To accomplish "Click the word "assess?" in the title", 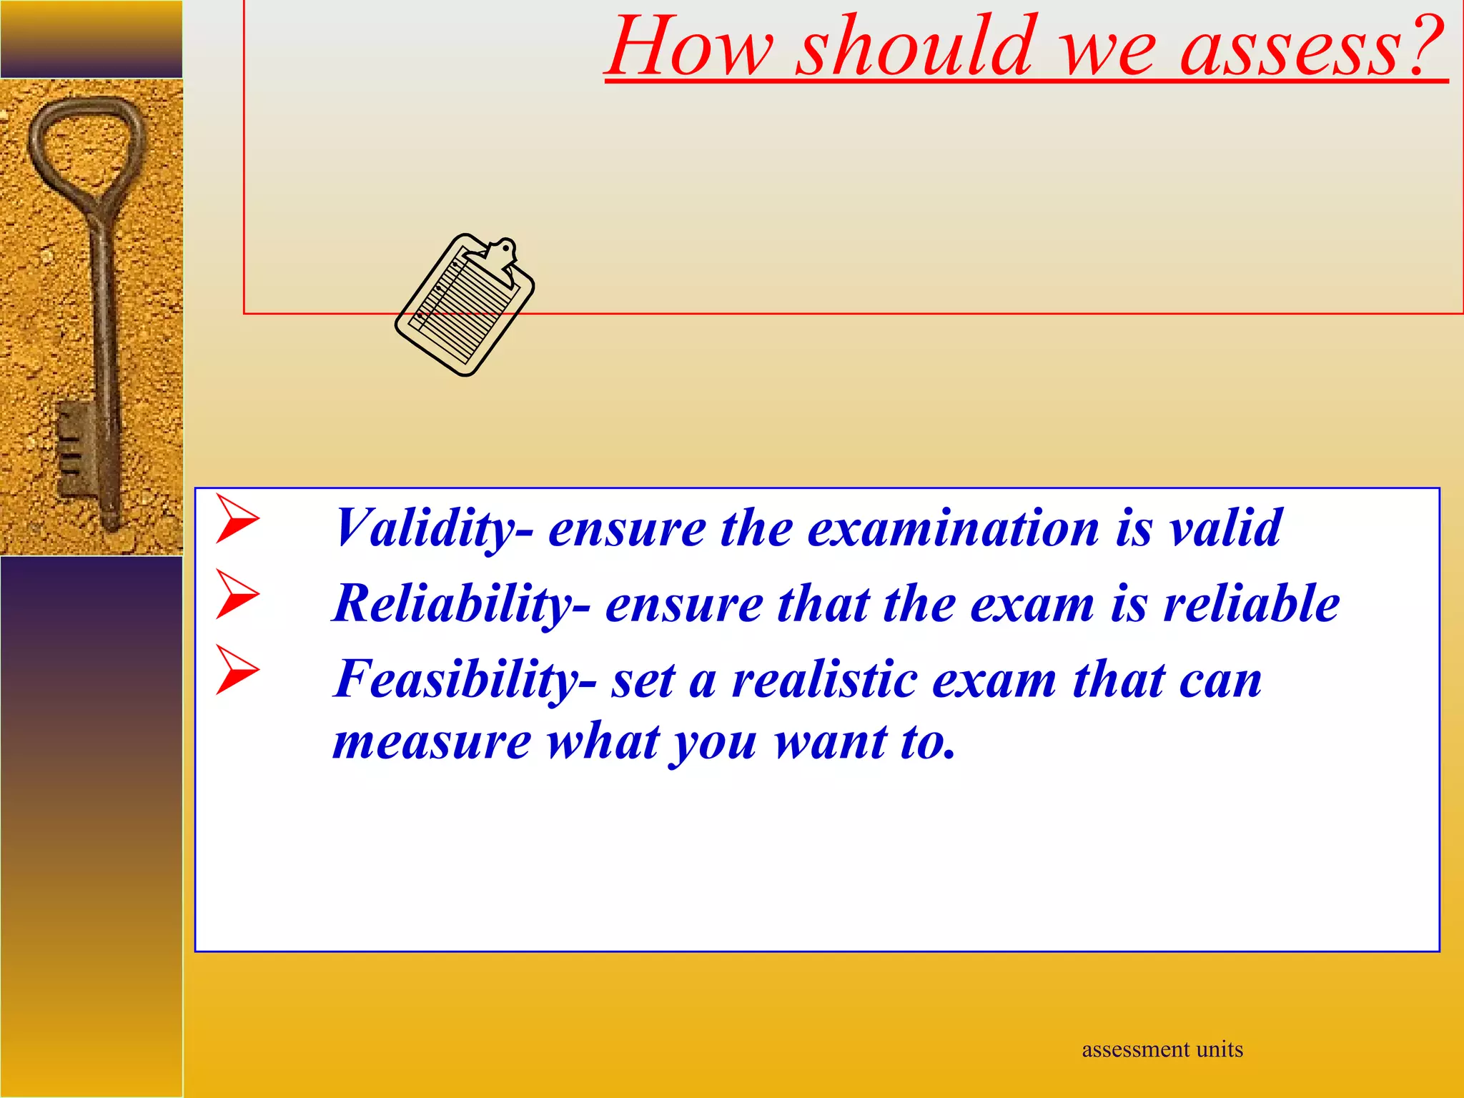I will tap(1312, 49).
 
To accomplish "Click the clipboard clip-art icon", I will tap(465, 305).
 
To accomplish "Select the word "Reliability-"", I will tap(461, 605).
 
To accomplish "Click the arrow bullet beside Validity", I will tap(237, 519).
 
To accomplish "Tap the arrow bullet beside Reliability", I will tap(237, 595).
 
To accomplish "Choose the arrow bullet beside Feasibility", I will tap(237, 670).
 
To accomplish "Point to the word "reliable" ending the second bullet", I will tap(1251, 603).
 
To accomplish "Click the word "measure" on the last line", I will tap(432, 742).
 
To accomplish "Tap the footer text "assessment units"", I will tap(1162, 1049).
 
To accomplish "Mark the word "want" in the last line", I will tap(831, 742).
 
